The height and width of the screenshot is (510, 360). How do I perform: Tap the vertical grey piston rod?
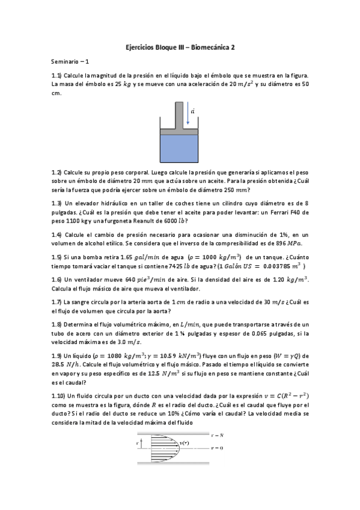(178, 115)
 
